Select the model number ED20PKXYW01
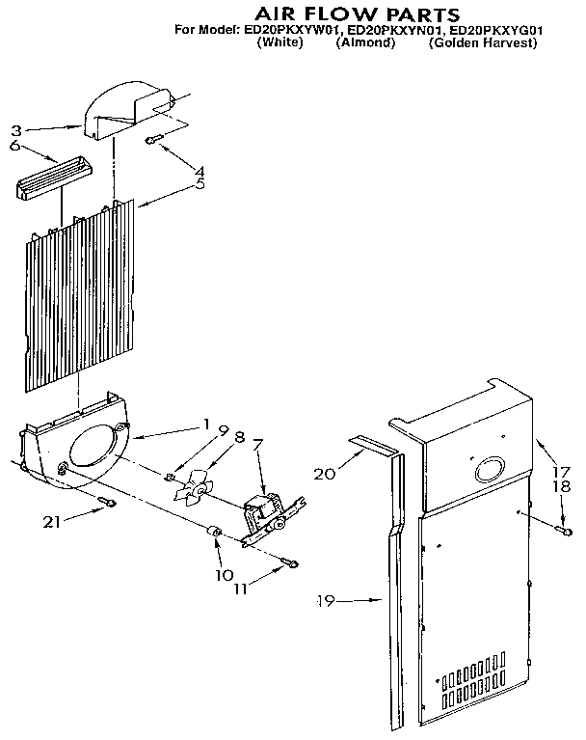click(285, 30)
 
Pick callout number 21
click(54, 522)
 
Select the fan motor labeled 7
click(261, 510)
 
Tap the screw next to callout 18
click(564, 530)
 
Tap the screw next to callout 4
click(152, 141)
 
